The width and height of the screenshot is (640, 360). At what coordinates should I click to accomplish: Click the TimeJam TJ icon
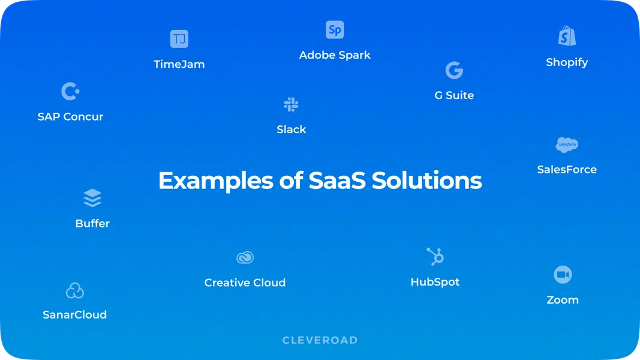[x=179, y=39]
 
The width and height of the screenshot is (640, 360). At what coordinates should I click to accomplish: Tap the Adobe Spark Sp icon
[x=335, y=30]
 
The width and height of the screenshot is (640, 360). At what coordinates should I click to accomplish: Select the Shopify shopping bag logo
[x=566, y=36]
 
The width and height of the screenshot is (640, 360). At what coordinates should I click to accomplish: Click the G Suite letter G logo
[x=454, y=70]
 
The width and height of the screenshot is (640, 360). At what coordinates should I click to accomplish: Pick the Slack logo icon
[x=291, y=105]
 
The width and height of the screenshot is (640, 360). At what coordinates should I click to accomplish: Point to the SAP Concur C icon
[x=70, y=92]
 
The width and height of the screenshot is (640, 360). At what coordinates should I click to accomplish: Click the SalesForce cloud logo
[x=567, y=145]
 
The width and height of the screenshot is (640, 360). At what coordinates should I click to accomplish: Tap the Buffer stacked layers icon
[x=92, y=198]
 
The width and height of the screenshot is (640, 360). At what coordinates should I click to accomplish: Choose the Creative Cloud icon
[x=245, y=257]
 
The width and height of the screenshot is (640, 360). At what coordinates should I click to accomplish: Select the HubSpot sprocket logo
[x=435, y=256]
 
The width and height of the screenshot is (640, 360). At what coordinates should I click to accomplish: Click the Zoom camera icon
[x=563, y=275]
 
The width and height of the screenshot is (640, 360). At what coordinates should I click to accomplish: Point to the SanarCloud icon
[x=74, y=291]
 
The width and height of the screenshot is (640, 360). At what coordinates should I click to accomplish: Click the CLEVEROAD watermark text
[x=320, y=340]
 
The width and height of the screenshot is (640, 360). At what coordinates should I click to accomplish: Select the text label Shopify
[x=567, y=62]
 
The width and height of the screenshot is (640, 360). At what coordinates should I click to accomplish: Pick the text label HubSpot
[x=435, y=282]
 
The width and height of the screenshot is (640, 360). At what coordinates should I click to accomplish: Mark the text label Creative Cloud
[x=245, y=283]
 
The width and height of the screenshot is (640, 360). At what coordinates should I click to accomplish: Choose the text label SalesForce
[x=567, y=170]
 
